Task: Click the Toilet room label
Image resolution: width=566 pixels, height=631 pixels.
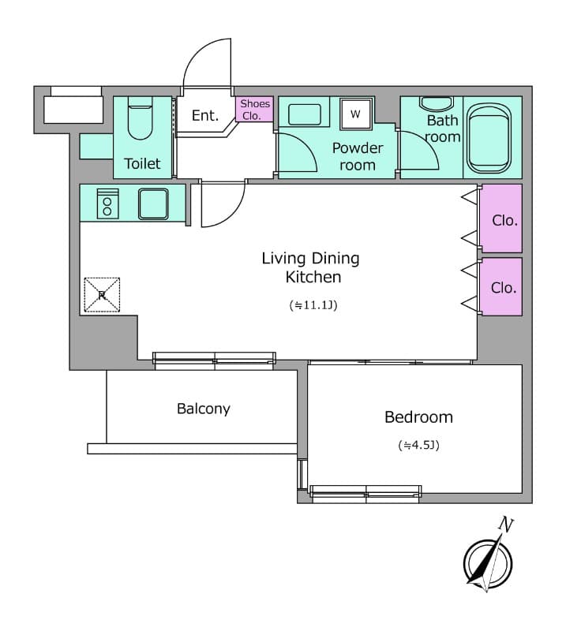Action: click(x=142, y=163)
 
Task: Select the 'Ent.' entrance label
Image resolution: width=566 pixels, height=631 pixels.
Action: click(x=205, y=115)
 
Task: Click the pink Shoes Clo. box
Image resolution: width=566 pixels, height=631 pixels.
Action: click(x=255, y=110)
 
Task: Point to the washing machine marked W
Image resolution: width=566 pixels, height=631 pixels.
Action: click(x=355, y=114)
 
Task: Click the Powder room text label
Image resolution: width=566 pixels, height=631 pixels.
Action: click(x=358, y=156)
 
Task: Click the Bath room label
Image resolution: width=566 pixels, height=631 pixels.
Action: click(x=442, y=129)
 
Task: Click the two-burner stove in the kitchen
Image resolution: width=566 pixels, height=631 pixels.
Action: click(x=107, y=203)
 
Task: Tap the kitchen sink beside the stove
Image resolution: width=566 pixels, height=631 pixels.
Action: click(x=154, y=203)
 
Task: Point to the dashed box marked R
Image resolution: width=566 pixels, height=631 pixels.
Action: click(x=102, y=295)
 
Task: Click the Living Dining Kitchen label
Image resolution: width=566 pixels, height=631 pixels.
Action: click(x=310, y=267)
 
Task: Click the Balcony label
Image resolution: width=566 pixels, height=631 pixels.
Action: click(x=204, y=409)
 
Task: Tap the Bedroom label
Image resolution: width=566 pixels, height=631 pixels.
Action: click(x=418, y=416)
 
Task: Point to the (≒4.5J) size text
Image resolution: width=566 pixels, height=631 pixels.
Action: click(x=418, y=445)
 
